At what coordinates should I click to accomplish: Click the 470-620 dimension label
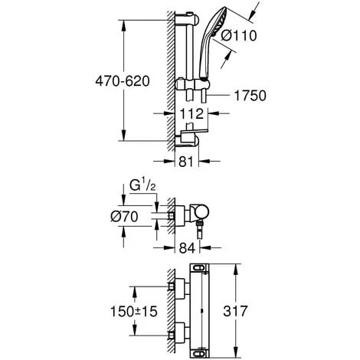click(x=123, y=81)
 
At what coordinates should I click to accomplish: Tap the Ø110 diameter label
click(x=239, y=35)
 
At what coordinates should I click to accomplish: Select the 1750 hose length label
click(x=250, y=96)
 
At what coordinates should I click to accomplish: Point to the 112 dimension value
click(x=191, y=114)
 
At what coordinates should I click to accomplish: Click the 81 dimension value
click(x=186, y=161)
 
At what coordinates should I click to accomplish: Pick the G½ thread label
click(x=142, y=185)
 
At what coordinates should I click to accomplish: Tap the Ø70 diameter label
click(x=124, y=217)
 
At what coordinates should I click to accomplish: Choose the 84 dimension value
click(x=187, y=247)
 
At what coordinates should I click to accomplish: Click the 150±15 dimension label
click(x=133, y=311)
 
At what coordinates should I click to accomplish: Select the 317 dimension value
click(x=235, y=311)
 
